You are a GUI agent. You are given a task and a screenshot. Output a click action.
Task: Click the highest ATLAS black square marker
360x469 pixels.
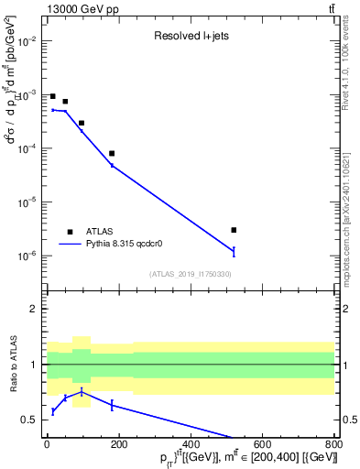point(53,96)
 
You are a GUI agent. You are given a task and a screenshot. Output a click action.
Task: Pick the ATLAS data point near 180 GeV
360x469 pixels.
point(112,154)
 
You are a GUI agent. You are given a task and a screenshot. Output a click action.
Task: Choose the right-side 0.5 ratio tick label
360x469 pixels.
point(347,420)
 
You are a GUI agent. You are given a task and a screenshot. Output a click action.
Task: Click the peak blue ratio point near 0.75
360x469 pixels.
point(82,392)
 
